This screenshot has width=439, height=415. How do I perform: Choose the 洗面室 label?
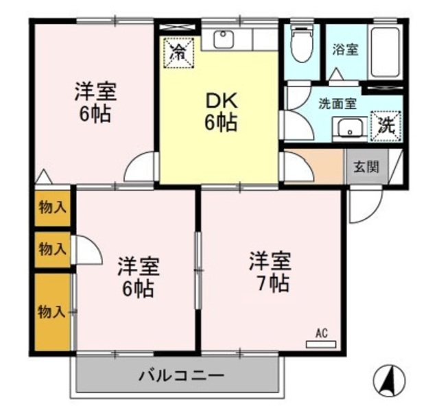337,105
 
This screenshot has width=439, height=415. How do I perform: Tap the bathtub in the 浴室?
388,54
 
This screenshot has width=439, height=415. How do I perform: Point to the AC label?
321,334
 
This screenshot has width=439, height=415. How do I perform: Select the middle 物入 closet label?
52,249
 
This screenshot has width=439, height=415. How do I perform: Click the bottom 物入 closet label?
52,312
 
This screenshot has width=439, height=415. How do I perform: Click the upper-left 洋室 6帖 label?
95,102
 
